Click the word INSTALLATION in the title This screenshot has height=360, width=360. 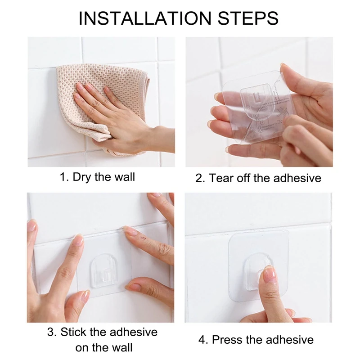tap(145, 18)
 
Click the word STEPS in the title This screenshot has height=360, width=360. tap(248, 18)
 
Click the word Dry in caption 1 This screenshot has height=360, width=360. tap(81, 177)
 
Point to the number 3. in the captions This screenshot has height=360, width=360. tap(52, 332)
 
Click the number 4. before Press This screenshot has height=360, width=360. tap(203, 340)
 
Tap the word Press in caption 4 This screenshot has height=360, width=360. tap(227, 340)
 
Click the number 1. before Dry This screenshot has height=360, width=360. tap(64, 177)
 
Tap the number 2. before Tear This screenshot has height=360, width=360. tap(200, 178)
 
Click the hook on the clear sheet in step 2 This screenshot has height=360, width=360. tap(255, 101)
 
